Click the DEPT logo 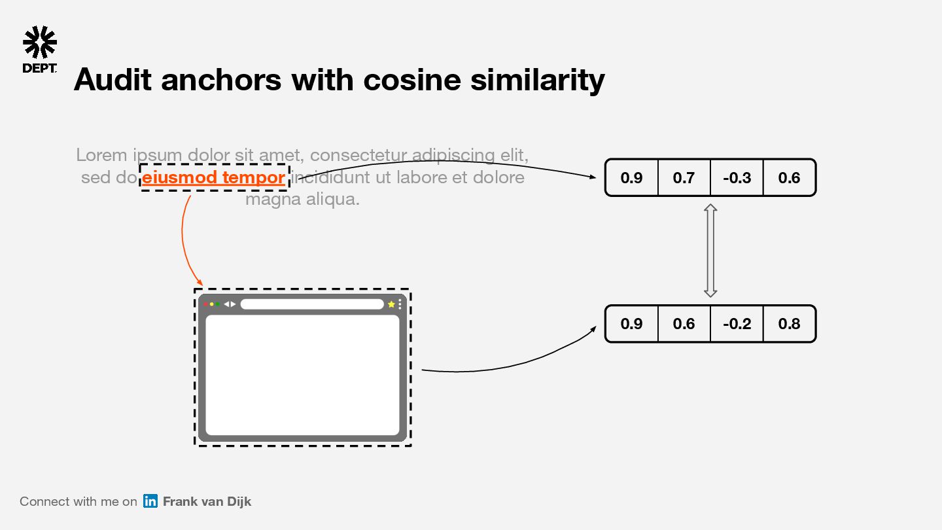[x=40, y=50]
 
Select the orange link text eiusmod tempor [x=214, y=177]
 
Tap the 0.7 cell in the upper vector [x=684, y=177]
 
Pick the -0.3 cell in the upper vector [x=737, y=177]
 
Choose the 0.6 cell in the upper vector [x=789, y=177]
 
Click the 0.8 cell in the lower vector [x=789, y=324]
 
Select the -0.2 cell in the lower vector [x=737, y=324]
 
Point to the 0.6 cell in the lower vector [x=684, y=324]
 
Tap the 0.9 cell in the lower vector [x=631, y=324]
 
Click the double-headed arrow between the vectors [x=710, y=251]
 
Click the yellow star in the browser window [x=391, y=304]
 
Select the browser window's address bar [x=311, y=304]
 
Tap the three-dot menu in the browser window [x=400, y=304]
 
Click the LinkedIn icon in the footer [x=150, y=501]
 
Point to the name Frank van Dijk [x=207, y=501]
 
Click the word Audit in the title [x=113, y=80]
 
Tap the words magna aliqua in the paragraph [x=302, y=199]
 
